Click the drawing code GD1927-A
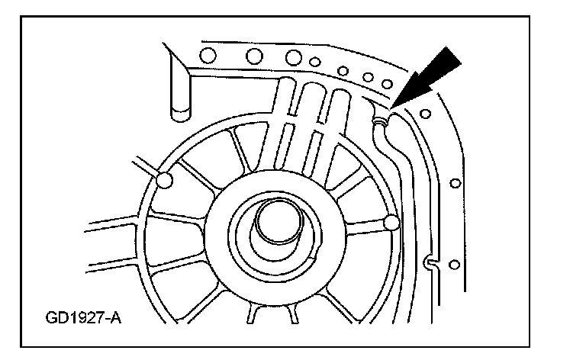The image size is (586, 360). (82, 316)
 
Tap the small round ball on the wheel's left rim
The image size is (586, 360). (162, 180)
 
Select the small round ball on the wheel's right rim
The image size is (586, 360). (392, 223)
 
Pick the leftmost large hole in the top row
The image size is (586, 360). (204, 54)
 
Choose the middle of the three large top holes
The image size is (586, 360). (254, 56)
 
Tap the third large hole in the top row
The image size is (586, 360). (293, 57)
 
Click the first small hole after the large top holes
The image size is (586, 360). (315, 63)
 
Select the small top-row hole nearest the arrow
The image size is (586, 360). (387, 82)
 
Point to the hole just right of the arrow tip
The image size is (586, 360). (425, 114)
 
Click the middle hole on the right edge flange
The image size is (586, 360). (456, 183)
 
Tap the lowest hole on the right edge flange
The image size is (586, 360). (455, 265)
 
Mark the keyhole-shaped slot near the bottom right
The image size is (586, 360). (432, 264)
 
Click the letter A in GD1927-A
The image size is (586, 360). (115, 316)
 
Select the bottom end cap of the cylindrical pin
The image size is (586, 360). (180, 115)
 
